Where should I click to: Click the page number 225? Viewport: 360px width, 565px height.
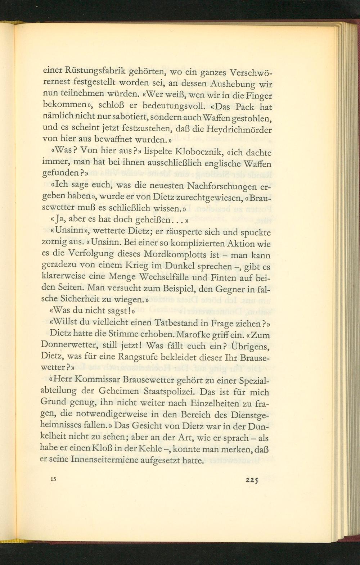click(x=252, y=480)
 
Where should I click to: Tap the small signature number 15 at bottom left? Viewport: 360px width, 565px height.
click(x=54, y=479)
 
